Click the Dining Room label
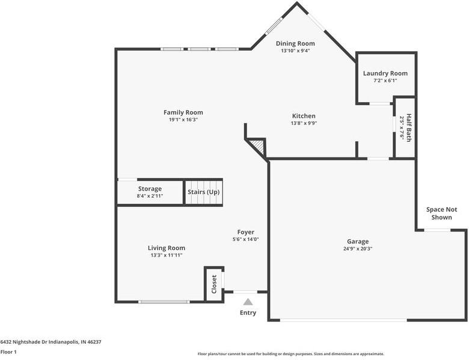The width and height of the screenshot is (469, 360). point(295,43)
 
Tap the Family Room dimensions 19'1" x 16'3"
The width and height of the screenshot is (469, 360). point(183,120)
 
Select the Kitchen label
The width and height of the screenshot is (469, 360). point(304,116)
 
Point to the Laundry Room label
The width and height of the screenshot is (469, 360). point(385,73)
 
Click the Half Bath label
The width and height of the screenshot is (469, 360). point(409,127)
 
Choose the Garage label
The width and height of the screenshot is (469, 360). point(358,242)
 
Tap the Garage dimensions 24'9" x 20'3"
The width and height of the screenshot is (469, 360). point(358,249)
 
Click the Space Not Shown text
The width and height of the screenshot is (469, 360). point(441,213)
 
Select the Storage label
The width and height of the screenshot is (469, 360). point(150,189)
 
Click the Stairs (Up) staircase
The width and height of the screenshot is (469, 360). point(203,192)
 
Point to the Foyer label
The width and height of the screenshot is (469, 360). point(245,232)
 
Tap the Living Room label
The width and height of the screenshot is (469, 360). point(167,248)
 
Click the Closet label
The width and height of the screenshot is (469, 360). point(214,284)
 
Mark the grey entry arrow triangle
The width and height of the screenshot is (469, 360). point(248,302)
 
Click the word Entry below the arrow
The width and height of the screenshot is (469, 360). point(248,313)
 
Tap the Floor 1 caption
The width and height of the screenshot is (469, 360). point(8,352)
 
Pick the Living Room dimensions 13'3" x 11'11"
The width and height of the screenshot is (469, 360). point(167,255)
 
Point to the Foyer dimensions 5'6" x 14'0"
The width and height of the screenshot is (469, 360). point(245,239)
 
